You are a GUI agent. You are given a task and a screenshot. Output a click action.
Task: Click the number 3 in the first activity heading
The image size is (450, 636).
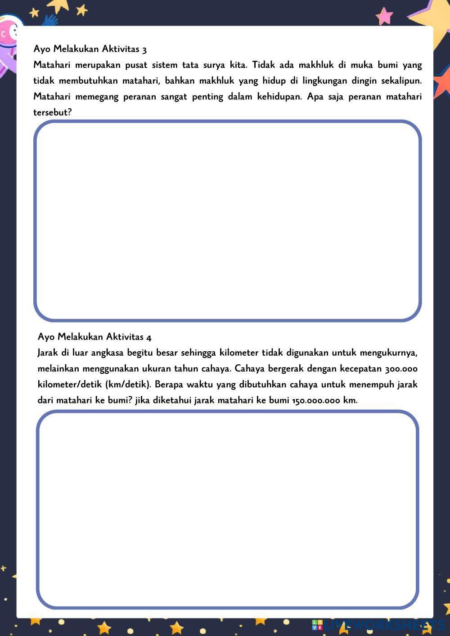144,49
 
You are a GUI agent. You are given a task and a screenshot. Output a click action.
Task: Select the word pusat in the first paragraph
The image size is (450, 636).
136,65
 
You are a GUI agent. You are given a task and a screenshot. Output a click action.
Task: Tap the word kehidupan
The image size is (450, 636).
279,97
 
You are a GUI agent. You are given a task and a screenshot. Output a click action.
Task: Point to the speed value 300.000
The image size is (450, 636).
401,369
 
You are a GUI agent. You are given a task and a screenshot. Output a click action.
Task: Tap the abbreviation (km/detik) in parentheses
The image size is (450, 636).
127,385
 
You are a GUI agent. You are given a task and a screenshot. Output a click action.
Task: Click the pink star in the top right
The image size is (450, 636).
385,16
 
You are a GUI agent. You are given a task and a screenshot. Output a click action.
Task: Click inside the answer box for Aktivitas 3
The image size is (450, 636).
227,220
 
